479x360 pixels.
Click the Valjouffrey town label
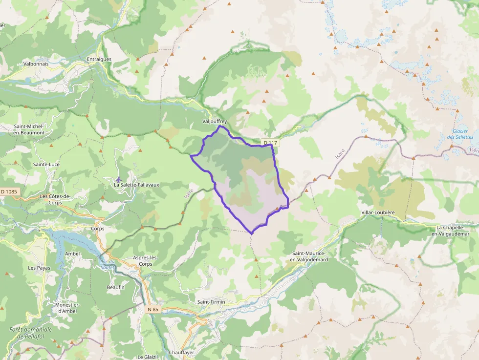[214, 121]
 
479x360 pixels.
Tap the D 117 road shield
[270, 143]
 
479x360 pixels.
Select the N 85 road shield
[153, 309]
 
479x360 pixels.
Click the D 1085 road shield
[9, 192]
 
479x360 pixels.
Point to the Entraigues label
[99, 59]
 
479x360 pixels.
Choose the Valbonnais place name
[36, 64]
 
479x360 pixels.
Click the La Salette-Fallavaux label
[136, 185]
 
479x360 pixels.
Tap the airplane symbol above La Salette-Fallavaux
[118, 179]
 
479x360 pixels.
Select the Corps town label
[98, 229]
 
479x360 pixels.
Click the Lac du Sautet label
[107, 264]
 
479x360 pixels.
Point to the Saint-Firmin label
[211, 302]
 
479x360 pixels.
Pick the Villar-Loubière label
[378, 213]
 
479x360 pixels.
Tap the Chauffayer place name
[182, 352]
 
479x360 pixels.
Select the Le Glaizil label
[147, 357]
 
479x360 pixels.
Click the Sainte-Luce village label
[46, 164]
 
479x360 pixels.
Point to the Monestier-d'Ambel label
[68, 308]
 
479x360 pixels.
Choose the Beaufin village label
[116, 287]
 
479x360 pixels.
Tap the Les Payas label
[39, 268]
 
